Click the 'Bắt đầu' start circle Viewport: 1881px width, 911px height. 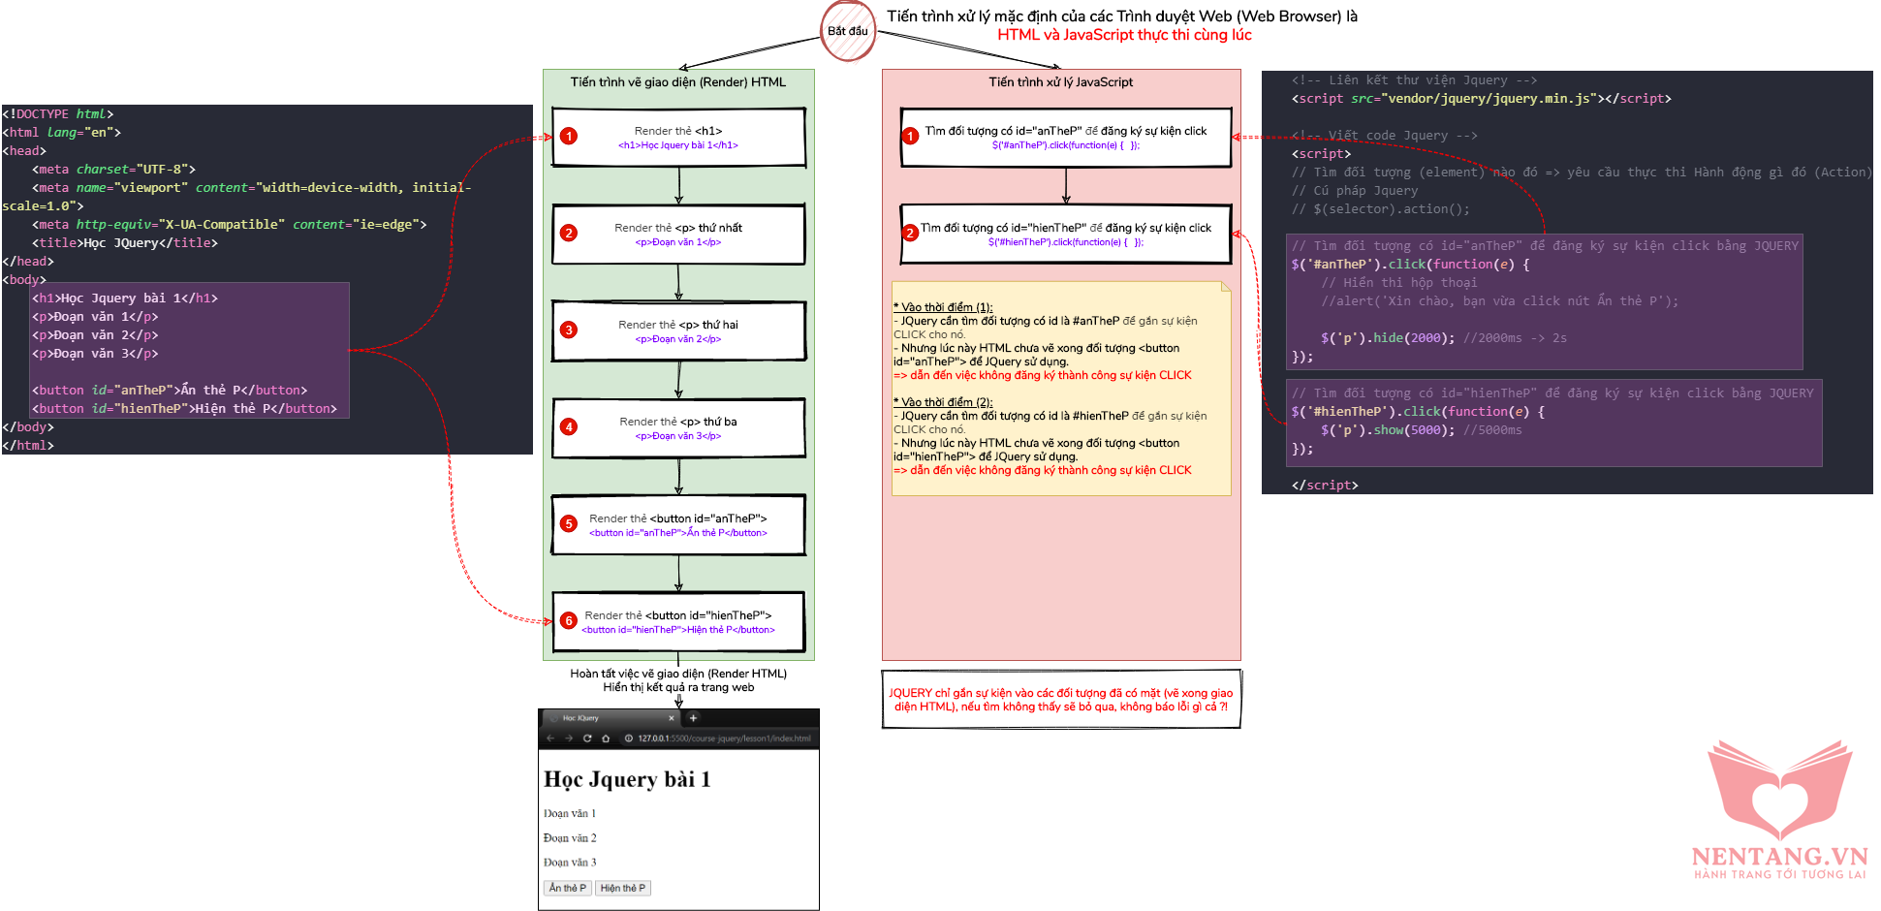(848, 31)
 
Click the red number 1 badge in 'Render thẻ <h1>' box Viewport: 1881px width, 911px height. (569, 137)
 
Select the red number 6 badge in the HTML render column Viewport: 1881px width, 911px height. (569, 620)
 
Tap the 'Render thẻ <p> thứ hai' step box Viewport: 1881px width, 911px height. (678, 331)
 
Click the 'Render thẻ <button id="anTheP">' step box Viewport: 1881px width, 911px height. (678, 525)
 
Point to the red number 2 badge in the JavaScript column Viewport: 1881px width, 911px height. (910, 233)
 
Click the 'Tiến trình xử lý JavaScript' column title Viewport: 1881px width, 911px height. (1060, 82)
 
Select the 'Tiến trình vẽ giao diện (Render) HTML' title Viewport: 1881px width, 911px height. (677, 82)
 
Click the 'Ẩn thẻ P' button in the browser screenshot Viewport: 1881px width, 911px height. (567, 888)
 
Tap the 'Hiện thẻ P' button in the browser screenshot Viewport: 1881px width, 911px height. (622, 888)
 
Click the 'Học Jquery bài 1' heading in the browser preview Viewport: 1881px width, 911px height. (627, 779)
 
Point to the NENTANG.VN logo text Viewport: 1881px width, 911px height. (1779, 857)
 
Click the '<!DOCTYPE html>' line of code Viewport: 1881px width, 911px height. (58, 114)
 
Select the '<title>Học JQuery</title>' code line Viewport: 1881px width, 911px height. (125, 243)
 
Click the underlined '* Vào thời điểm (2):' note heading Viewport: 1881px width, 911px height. (943, 402)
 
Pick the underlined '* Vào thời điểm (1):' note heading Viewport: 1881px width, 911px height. (943, 307)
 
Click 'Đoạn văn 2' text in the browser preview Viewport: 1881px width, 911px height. (570, 838)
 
